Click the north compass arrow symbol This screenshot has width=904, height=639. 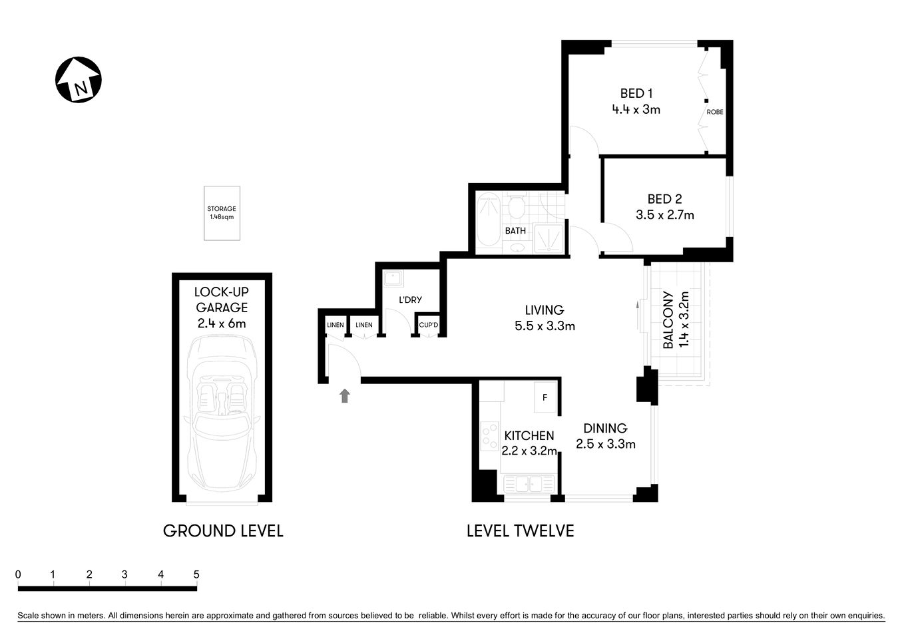(x=78, y=80)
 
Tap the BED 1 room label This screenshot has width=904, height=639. (x=636, y=93)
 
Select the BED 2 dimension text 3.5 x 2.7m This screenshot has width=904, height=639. (x=664, y=215)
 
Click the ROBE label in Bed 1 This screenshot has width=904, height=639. (x=714, y=112)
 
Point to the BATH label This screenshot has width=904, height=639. (x=515, y=231)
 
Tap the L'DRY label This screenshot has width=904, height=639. (x=410, y=300)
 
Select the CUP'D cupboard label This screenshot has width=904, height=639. (x=428, y=325)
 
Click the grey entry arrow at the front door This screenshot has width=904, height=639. (x=344, y=396)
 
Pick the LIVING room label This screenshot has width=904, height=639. (x=544, y=310)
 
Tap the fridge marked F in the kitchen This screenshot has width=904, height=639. (x=545, y=398)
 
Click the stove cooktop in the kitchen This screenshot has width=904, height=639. (x=490, y=437)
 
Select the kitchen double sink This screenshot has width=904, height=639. (x=529, y=484)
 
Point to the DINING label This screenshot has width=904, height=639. (x=605, y=428)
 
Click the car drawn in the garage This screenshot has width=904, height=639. (x=222, y=413)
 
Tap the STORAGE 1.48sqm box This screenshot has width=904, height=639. (x=222, y=213)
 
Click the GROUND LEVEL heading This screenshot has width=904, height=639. (x=223, y=531)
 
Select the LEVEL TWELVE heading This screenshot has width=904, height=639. (x=520, y=531)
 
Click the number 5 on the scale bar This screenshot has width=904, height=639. (x=196, y=574)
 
